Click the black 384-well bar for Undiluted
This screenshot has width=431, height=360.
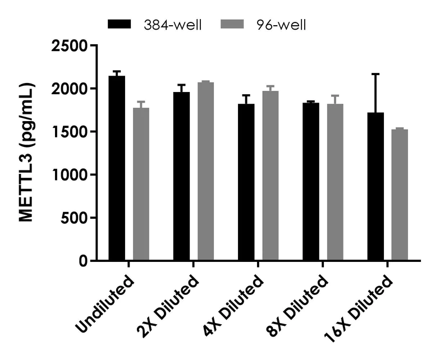coord(117,168)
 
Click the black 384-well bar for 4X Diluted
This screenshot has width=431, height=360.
coord(246,182)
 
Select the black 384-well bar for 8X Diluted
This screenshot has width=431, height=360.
coord(310,182)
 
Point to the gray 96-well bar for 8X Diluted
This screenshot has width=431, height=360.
coord(334,182)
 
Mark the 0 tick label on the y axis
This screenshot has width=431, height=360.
coord(84,261)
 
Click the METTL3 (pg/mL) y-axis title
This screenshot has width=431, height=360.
coord(27,152)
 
